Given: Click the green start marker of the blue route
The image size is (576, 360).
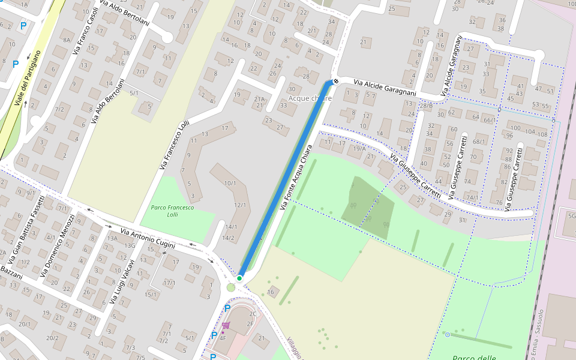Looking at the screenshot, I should coord(239,278).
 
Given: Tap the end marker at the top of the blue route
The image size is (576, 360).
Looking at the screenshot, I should coord(337,81).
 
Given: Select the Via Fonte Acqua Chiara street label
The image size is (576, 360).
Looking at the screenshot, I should coord(296,177).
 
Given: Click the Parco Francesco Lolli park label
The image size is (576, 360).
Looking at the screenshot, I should coord(172,211).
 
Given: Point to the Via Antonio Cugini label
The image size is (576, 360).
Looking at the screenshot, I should coord(148,238).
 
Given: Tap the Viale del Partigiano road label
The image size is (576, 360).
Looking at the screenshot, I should coord(28,78).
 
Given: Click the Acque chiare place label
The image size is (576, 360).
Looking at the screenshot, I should coord(310,98).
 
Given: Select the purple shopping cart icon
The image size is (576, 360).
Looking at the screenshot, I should coord(226,326).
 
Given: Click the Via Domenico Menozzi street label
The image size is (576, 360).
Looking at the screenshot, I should coord(57,246).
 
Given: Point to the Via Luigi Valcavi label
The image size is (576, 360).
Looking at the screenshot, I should coord(121,283).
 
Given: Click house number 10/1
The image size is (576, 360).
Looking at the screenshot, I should coord(230,182).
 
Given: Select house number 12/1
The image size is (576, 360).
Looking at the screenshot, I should coord(240,205).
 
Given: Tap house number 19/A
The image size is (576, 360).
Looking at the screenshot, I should coord(359,148).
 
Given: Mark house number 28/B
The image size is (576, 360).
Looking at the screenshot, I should coord(426,106).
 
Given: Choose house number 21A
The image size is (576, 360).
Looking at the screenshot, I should coord(259,99).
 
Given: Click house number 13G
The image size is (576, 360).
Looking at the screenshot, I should coord(130,245).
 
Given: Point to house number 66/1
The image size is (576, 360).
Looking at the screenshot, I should coord(488,120).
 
